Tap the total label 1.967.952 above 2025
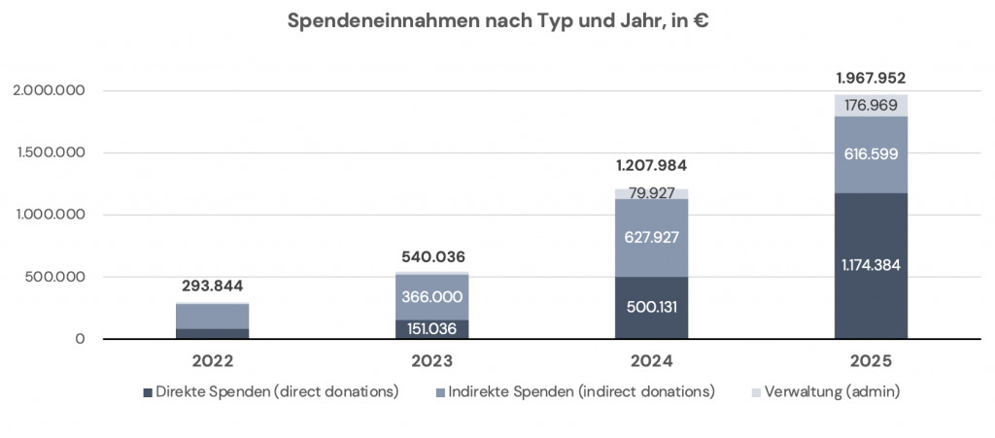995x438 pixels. point(871,79)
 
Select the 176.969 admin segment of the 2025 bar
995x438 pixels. point(871,105)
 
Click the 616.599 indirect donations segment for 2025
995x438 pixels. point(871,154)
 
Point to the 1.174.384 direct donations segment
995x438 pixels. point(871,264)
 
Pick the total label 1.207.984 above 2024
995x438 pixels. point(651,166)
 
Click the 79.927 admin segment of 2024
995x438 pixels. point(651,193)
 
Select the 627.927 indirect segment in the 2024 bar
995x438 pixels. point(651,237)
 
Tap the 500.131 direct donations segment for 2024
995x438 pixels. point(651,308)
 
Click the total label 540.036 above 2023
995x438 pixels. point(431,257)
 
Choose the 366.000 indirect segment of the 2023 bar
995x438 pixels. point(431,296)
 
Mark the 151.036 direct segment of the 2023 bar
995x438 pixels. point(431,329)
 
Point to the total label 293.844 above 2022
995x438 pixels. point(212,286)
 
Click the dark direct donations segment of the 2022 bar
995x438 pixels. point(212,333)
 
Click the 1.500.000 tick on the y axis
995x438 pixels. point(50,152)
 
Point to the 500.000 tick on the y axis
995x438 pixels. point(55,277)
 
